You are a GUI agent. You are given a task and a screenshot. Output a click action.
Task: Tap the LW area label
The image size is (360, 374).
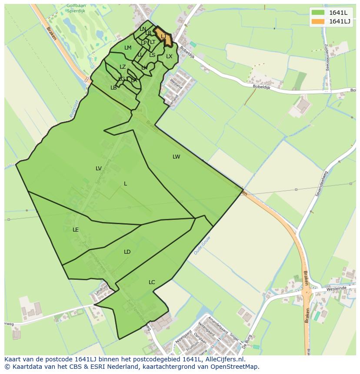click(176, 157)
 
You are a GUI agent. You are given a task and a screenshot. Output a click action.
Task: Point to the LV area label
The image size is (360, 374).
click(99, 169)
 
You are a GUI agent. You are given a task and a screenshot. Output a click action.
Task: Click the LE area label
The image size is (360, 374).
click(76, 230)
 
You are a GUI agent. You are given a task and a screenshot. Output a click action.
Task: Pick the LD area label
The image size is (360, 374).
click(127, 252)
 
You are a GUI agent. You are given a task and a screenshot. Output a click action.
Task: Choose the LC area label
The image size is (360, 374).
click(152, 282)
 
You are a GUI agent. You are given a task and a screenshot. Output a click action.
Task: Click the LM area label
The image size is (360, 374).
click(128, 48)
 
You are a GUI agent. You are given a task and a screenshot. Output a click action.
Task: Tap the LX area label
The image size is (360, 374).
click(169, 56)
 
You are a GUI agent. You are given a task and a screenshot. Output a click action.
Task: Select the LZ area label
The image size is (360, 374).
click(123, 67)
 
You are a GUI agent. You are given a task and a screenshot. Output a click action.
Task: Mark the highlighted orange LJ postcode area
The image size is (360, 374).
click(163, 36)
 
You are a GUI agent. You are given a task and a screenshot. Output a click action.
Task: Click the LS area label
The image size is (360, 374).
click(152, 55)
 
